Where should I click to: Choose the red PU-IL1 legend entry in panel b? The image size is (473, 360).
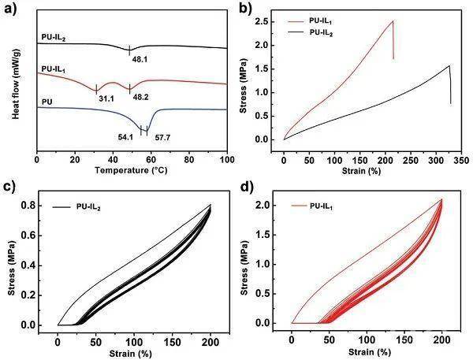310,20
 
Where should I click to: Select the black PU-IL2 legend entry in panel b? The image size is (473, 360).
310,32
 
